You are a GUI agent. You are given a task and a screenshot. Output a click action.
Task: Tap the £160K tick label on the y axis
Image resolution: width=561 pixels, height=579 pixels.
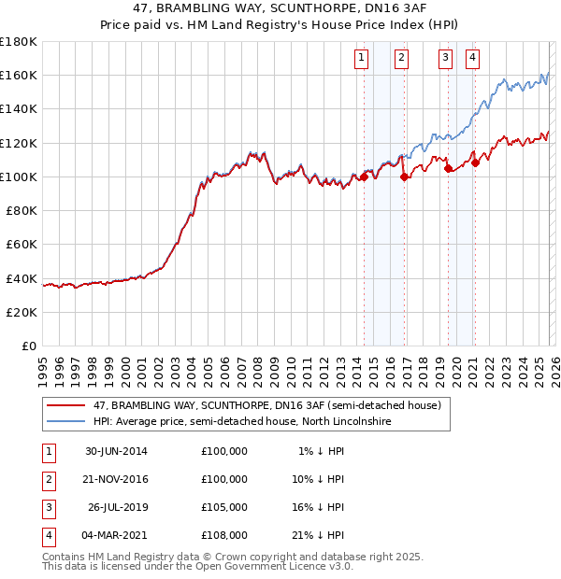(19, 75)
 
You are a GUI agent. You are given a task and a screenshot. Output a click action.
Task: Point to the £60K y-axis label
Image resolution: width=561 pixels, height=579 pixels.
(22, 244)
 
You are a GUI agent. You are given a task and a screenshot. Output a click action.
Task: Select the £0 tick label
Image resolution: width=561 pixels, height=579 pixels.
(28, 346)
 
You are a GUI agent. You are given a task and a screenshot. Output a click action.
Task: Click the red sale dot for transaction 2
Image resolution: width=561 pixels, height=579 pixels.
(404, 177)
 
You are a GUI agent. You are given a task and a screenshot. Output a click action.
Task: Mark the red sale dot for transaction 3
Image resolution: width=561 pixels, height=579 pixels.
(448, 169)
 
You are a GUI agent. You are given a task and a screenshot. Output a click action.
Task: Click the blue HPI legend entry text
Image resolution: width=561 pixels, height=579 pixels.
(241, 422)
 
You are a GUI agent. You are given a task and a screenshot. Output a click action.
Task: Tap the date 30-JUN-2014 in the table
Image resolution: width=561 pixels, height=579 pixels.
(116, 451)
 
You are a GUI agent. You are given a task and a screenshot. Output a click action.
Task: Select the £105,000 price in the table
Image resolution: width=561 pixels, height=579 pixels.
(224, 507)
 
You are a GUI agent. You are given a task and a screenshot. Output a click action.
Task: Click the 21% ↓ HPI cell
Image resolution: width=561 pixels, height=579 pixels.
(322, 535)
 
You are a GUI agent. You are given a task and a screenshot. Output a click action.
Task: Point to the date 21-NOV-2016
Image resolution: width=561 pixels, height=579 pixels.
(116, 479)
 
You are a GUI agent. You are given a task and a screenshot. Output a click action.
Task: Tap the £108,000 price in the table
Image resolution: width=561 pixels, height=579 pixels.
(224, 535)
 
